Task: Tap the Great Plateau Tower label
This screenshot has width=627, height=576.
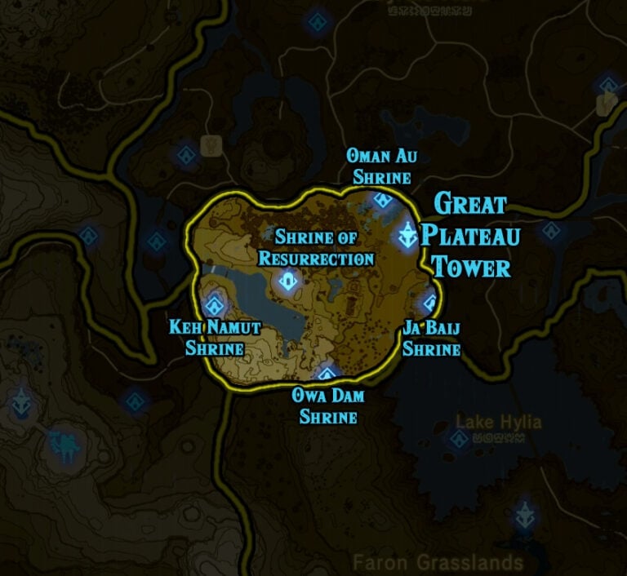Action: coord(470,235)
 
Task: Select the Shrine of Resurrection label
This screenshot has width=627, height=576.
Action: coord(316,248)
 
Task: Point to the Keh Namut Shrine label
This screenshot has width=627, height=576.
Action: coord(215,338)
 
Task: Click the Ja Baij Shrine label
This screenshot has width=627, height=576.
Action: coord(431,339)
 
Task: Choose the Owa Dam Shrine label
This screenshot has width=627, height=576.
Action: coord(328,405)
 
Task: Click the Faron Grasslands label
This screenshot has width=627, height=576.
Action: coord(438,562)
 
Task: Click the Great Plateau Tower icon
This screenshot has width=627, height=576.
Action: coord(407,237)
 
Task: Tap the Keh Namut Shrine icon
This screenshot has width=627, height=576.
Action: coord(216,306)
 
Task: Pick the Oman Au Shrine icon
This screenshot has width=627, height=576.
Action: coord(381,200)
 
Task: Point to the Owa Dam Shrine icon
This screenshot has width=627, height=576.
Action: coord(327,374)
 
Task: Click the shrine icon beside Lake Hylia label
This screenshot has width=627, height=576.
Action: coord(459,439)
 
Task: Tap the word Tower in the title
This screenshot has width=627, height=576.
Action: coord(471,267)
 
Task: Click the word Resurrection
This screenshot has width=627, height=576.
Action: coord(316,259)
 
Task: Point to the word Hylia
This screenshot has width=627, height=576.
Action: coord(520,423)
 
